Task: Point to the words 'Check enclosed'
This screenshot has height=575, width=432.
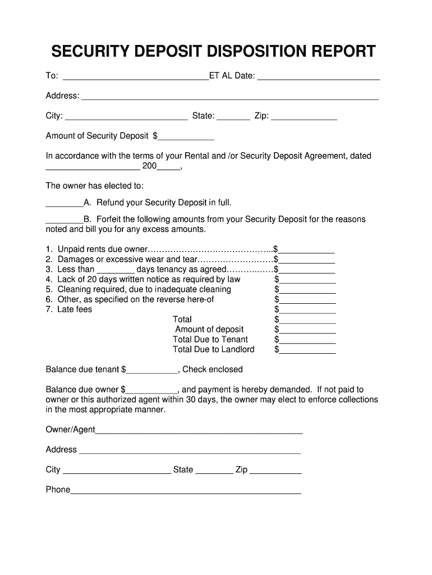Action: click(x=213, y=369)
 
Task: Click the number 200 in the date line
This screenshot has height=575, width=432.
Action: click(x=150, y=167)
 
